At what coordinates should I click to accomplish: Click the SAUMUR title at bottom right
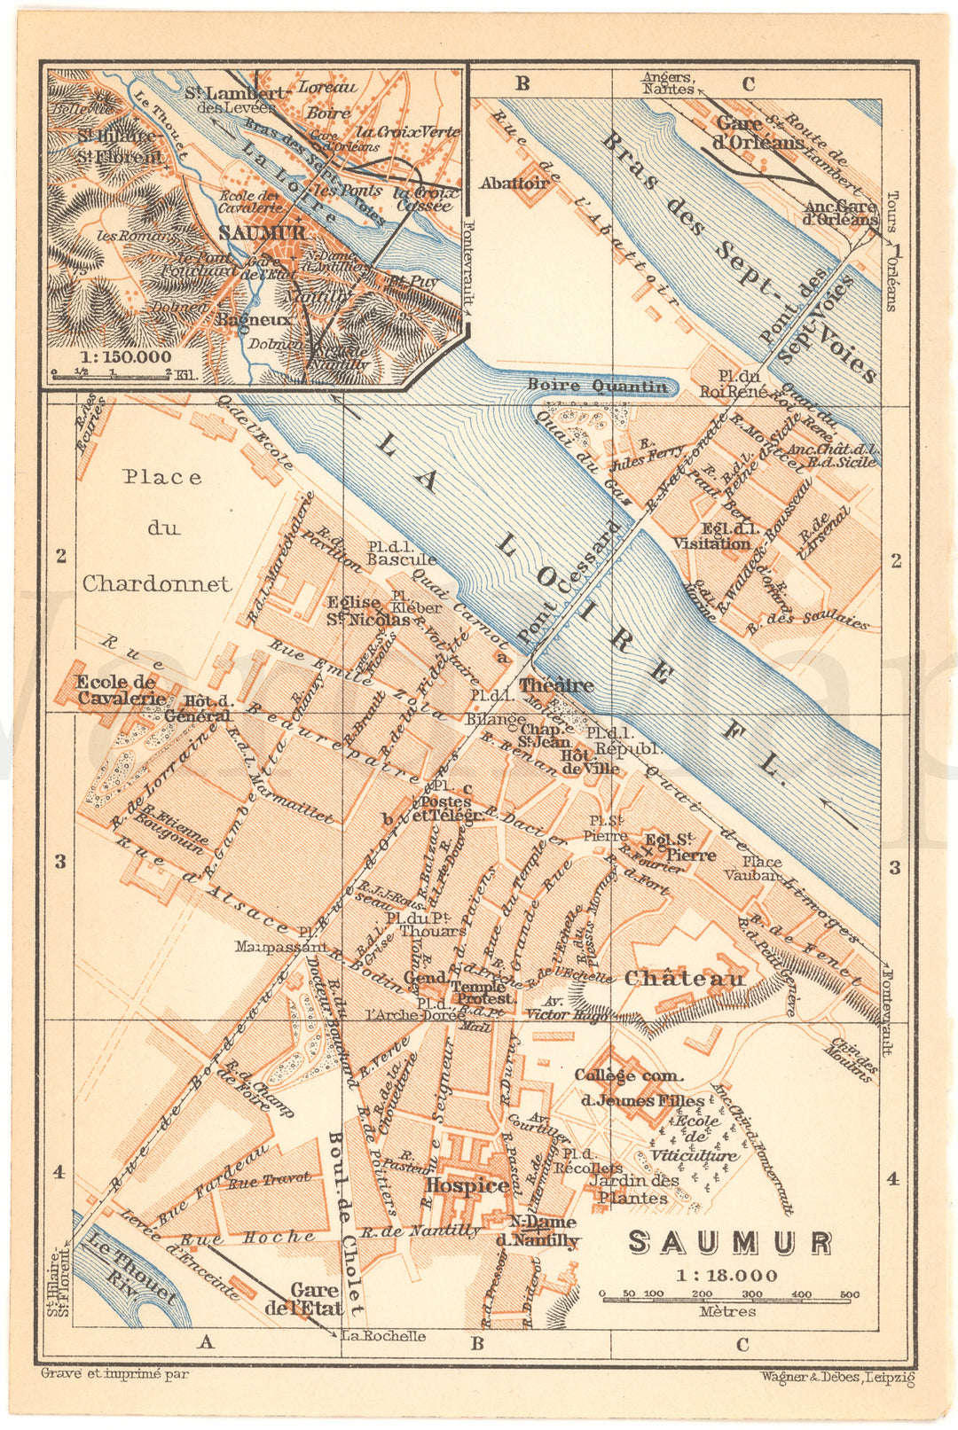click(x=729, y=1242)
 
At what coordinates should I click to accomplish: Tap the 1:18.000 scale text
click(x=726, y=1276)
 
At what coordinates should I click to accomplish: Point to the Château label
click(x=684, y=978)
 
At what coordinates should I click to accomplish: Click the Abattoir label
click(x=514, y=183)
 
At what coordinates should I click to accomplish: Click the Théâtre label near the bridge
click(x=556, y=685)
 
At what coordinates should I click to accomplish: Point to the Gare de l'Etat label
click(x=303, y=1299)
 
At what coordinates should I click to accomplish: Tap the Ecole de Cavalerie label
click(x=116, y=690)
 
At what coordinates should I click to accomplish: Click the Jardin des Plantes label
click(x=634, y=1188)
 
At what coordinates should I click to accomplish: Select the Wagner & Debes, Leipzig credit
click(x=836, y=1377)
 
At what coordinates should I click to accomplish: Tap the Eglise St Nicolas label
click(x=366, y=612)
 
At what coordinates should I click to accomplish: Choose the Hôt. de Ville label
click(x=589, y=762)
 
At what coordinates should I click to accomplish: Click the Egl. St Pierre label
click(x=680, y=847)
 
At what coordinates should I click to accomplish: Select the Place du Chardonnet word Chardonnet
click(x=156, y=583)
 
